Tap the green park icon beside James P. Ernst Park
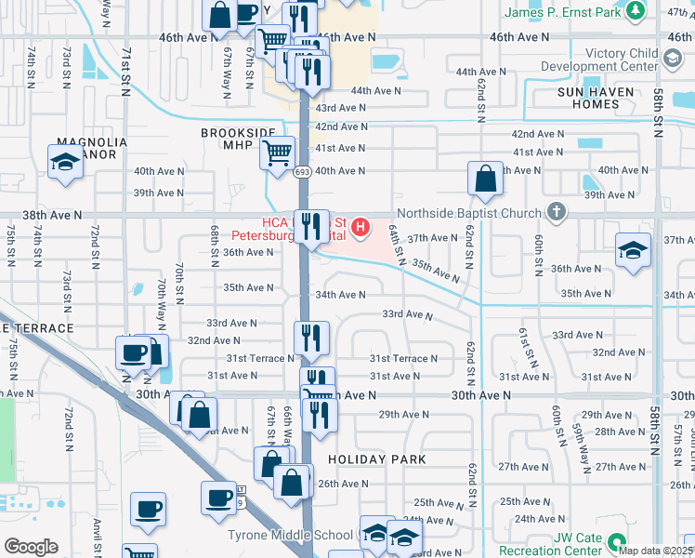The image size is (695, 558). coord(636,11)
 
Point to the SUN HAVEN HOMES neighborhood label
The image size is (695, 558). coord(596,99)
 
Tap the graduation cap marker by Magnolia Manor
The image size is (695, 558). coord(66,163)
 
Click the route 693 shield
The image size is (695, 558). coord(303,172)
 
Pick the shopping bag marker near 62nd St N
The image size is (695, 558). coord(486,179)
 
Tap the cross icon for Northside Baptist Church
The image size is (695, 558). coord(557,212)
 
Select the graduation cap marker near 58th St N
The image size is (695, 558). coord(633,250)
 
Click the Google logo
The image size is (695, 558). coord(31,547)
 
